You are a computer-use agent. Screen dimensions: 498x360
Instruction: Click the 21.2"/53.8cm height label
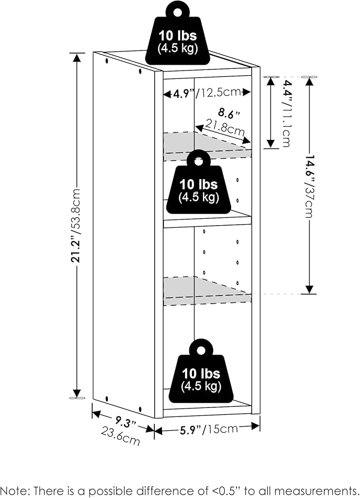[77, 225]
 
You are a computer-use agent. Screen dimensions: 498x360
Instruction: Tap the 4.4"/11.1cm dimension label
[286, 113]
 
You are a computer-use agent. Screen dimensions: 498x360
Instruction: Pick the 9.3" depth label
[126, 423]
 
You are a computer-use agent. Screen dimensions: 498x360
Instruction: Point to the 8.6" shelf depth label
[229, 113]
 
